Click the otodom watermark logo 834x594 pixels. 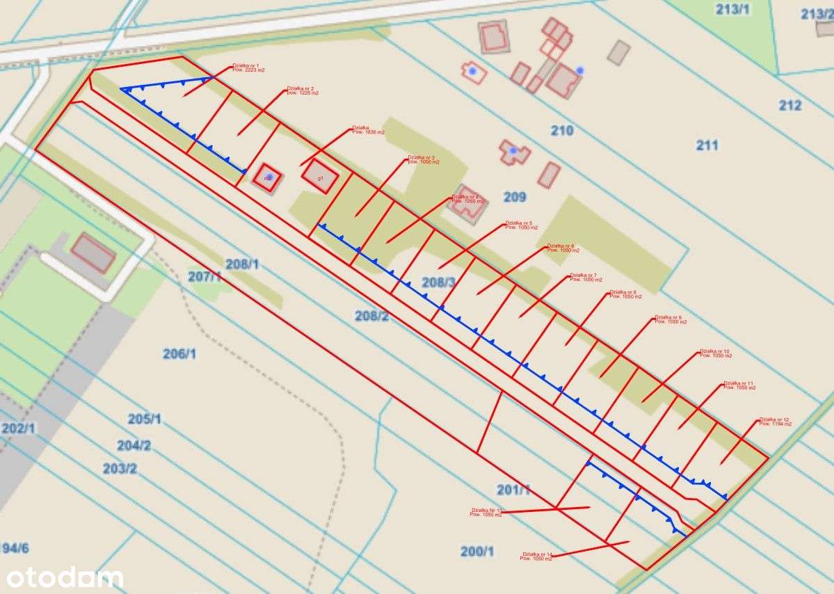[x=65, y=577]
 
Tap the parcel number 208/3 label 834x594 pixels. [x=439, y=282]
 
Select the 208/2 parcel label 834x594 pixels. [x=371, y=316]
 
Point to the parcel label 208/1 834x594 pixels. [x=242, y=264]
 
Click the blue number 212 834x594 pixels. [x=790, y=106]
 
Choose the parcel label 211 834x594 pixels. [x=707, y=145]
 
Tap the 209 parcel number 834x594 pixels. [x=515, y=198]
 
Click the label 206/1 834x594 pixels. [x=179, y=354]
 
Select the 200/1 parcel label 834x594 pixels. [x=477, y=552]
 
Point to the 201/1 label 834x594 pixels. [x=513, y=490]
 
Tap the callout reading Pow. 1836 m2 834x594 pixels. [x=368, y=132]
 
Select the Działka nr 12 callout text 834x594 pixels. [x=775, y=420]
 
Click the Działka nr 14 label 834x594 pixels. [x=536, y=554]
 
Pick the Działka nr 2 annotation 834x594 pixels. [x=301, y=90]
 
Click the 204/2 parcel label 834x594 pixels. [x=134, y=446]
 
